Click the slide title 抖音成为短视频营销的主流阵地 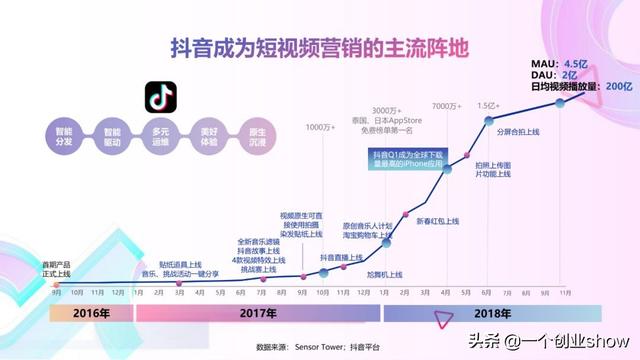(320, 48)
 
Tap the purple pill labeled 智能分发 (63, 136)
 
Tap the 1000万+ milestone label (320, 127)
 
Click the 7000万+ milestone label (445, 107)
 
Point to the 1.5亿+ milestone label (487, 106)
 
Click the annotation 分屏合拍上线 (518, 131)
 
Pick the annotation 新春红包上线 (437, 221)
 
